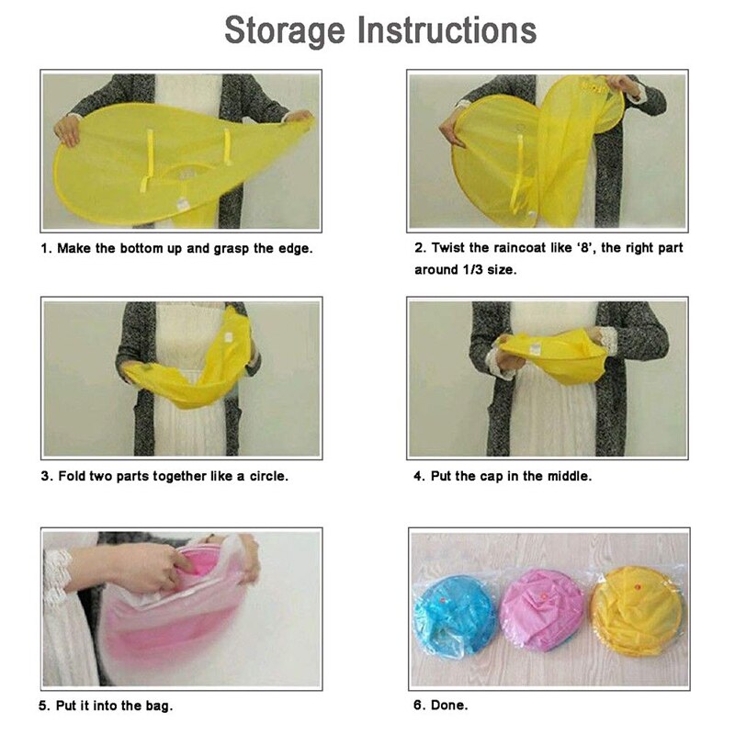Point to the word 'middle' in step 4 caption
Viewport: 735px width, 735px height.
tap(571, 476)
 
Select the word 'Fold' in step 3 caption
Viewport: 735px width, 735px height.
tap(72, 476)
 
